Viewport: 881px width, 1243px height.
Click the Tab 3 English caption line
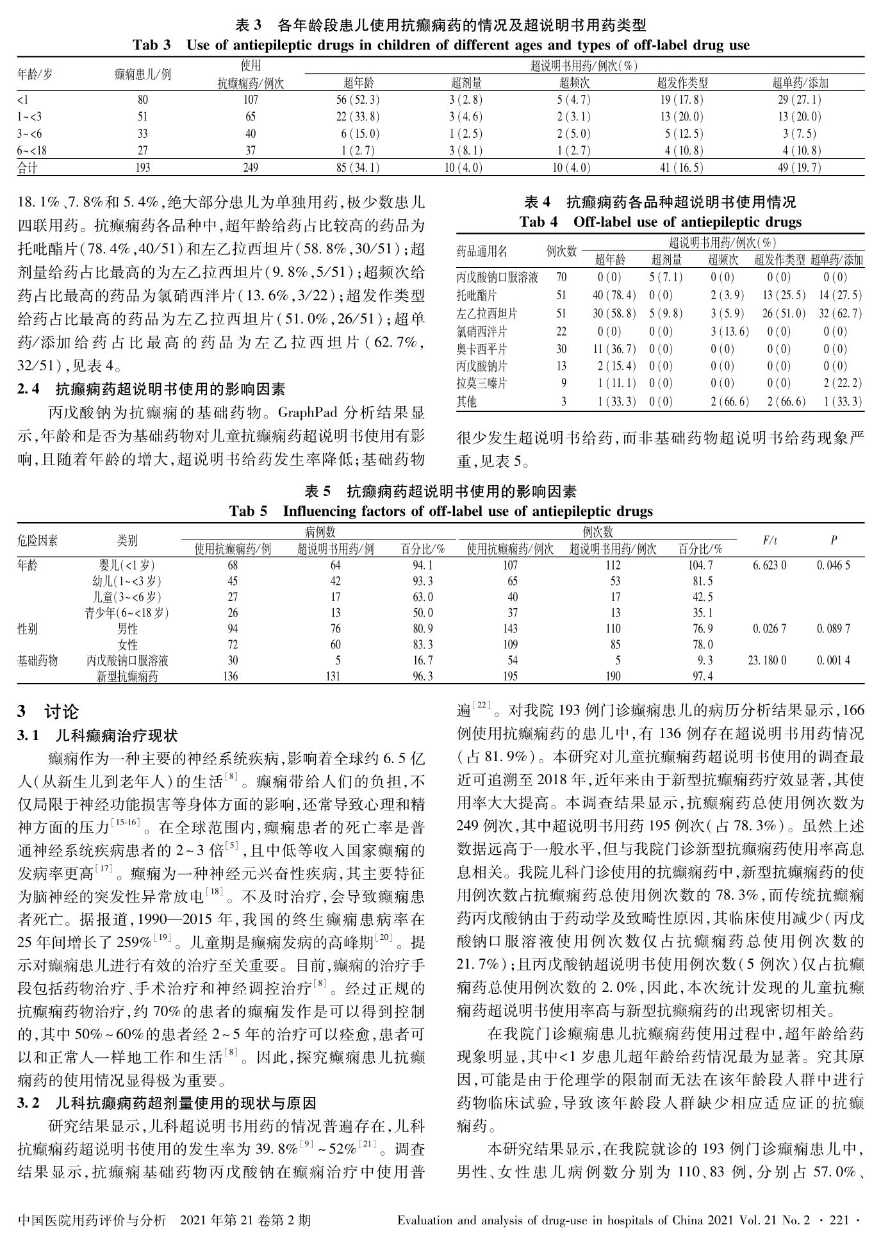[x=440, y=45]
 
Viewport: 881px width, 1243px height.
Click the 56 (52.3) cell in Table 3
[x=358, y=99]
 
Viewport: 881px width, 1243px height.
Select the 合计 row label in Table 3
[x=28, y=168]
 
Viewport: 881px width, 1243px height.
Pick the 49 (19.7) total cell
[x=796, y=168]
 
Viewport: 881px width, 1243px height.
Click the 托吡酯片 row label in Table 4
[x=476, y=295]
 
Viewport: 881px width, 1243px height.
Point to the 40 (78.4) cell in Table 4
[x=614, y=295]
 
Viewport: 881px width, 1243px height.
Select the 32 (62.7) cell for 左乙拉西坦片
[x=836, y=313]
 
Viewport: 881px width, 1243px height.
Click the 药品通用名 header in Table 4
[x=481, y=251]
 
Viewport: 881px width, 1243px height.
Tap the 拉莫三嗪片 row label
[x=481, y=384]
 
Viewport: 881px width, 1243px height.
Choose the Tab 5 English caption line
[x=441, y=511]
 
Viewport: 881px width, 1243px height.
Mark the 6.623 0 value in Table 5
[x=767, y=565]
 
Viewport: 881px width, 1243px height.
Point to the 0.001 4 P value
[x=833, y=660]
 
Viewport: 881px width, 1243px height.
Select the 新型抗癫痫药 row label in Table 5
[x=127, y=676]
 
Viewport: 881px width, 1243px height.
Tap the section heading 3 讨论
[x=48, y=712]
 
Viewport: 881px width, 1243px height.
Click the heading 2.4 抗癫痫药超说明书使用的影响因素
[x=151, y=389]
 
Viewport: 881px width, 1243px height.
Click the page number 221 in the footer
[x=838, y=1221]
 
